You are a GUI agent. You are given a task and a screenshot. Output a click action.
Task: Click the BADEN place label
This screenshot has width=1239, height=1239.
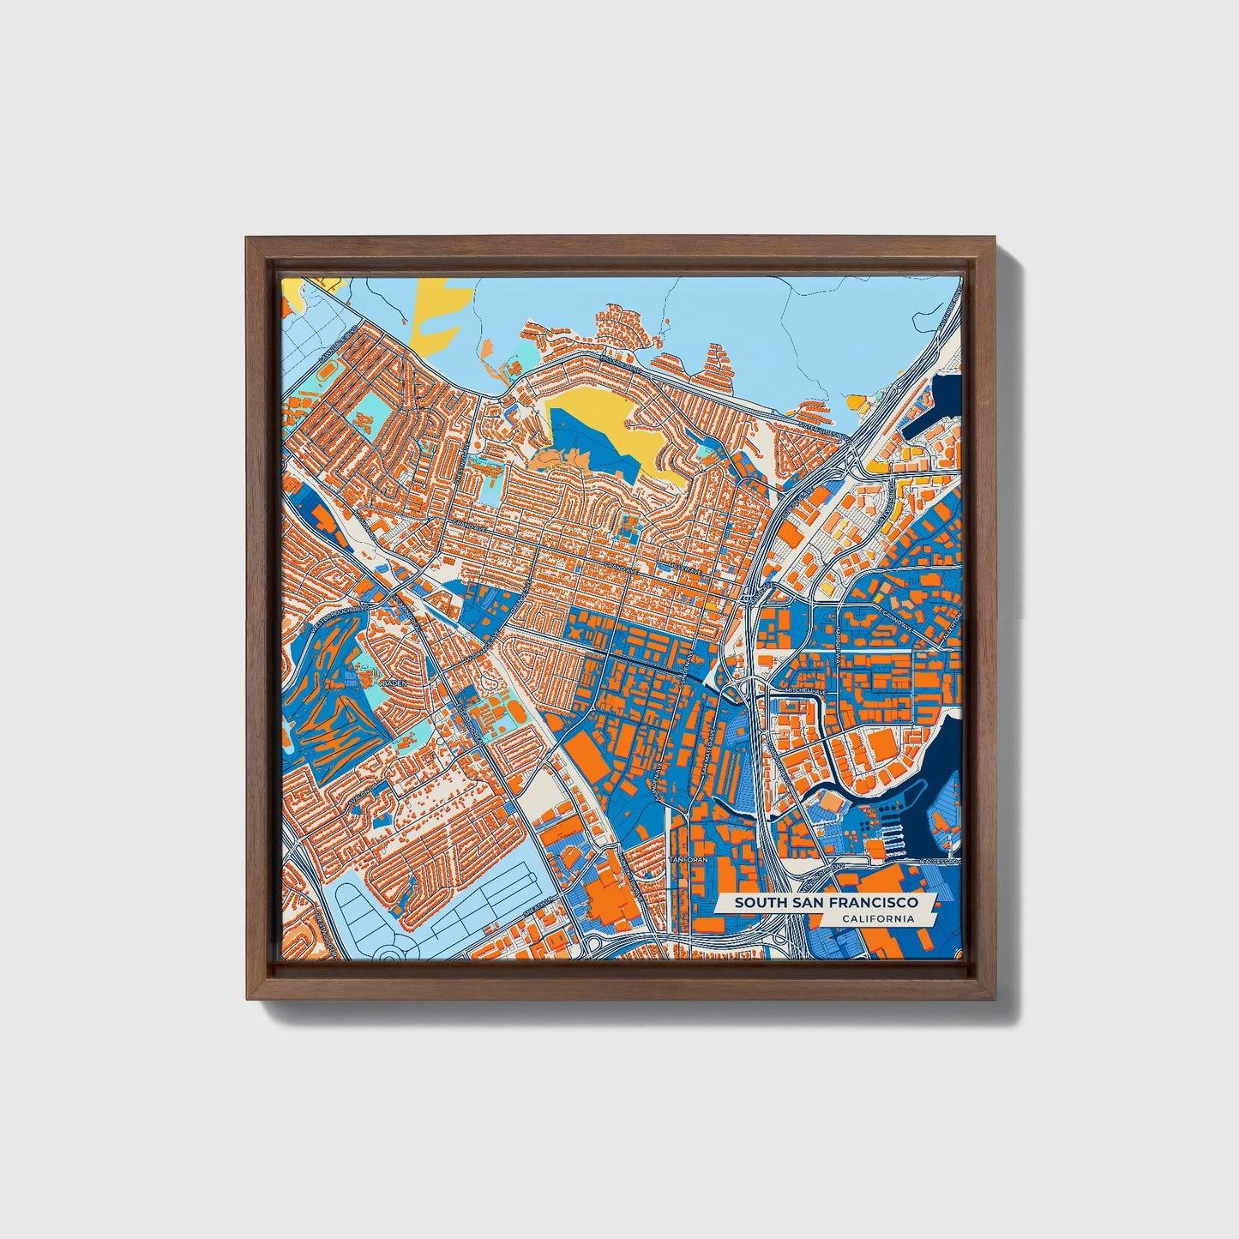click(x=394, y=683)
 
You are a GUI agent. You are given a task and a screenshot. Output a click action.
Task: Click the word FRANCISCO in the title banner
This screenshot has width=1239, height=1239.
click(x=877, y=903)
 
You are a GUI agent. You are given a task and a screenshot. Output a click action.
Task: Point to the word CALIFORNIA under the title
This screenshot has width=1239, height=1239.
click(x=877, y=919)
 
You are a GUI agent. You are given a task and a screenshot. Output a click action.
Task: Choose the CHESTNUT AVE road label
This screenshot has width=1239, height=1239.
click(x=472, y=725)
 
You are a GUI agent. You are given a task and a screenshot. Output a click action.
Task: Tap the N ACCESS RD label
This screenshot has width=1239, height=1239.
click(x=939, y=860)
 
